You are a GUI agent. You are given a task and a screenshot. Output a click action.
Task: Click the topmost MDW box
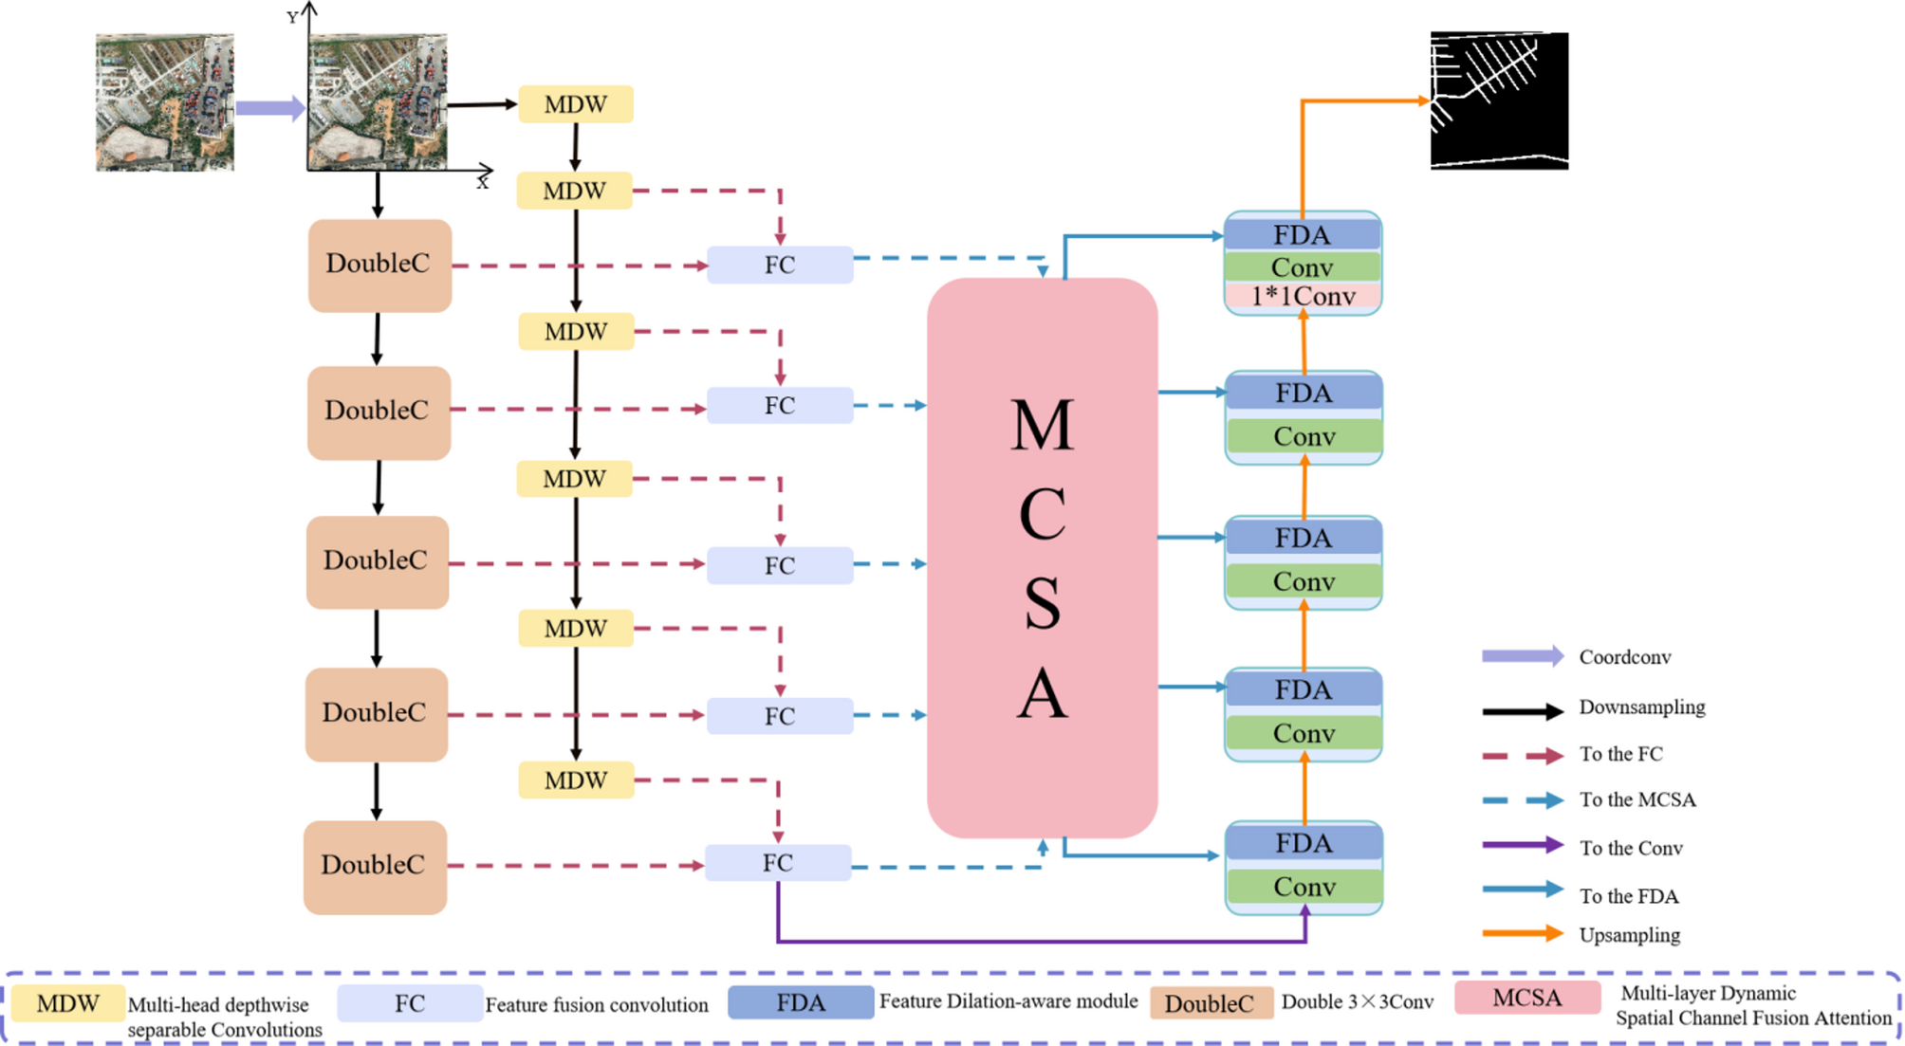(575, 104)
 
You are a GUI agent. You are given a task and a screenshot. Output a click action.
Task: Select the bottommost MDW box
(575, 780)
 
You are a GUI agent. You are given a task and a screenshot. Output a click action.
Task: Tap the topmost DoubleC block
(379, 265)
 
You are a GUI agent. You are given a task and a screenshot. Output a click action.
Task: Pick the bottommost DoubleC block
(375, 866)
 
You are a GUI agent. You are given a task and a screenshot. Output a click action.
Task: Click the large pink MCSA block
(1042, 558)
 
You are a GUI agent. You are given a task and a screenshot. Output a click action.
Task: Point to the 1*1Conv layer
(1303, 297)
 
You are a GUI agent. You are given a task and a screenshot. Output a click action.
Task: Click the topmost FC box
(779, 265)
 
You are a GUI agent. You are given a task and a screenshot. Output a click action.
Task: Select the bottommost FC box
(777, 863)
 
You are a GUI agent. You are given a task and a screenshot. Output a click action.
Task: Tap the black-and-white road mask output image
(1499, 101)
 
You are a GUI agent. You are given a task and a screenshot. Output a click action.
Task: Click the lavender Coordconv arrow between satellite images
(269, 108)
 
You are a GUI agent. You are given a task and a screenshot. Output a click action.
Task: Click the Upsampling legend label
(1629, 935)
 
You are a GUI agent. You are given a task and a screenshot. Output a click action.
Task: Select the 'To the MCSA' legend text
(1637, 799)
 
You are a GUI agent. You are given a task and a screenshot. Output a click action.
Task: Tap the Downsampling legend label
(1641, 707)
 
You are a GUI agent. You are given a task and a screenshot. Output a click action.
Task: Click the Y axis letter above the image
(292, 17)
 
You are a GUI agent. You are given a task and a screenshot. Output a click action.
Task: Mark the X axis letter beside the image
(483, 184)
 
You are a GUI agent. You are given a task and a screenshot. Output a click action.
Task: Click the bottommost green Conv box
(1304, 887)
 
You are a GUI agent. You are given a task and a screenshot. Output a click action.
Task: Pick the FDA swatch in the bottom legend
(800, 1003)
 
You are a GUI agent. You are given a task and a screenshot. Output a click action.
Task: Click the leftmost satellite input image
(164, 102)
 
